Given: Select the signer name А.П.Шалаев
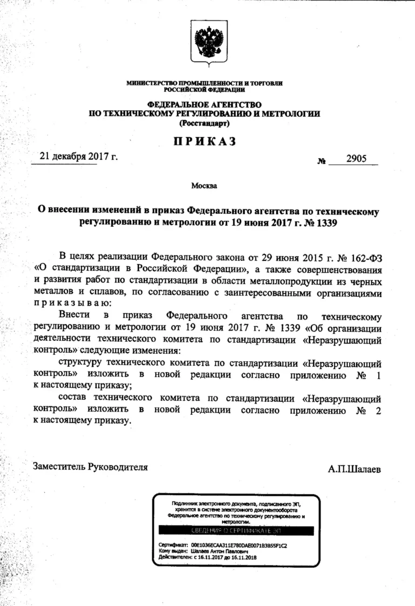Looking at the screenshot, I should (354, 469).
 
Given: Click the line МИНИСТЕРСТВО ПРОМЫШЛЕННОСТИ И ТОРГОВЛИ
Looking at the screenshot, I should (204, 83).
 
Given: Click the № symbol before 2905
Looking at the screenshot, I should (322, 160).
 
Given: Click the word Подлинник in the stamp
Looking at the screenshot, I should (183, 503).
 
